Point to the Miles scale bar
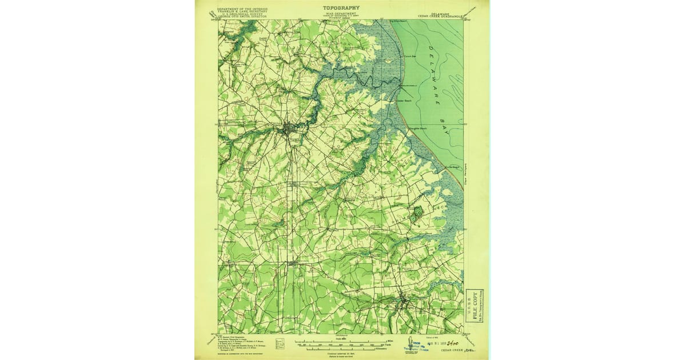339,341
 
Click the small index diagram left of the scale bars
280,343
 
